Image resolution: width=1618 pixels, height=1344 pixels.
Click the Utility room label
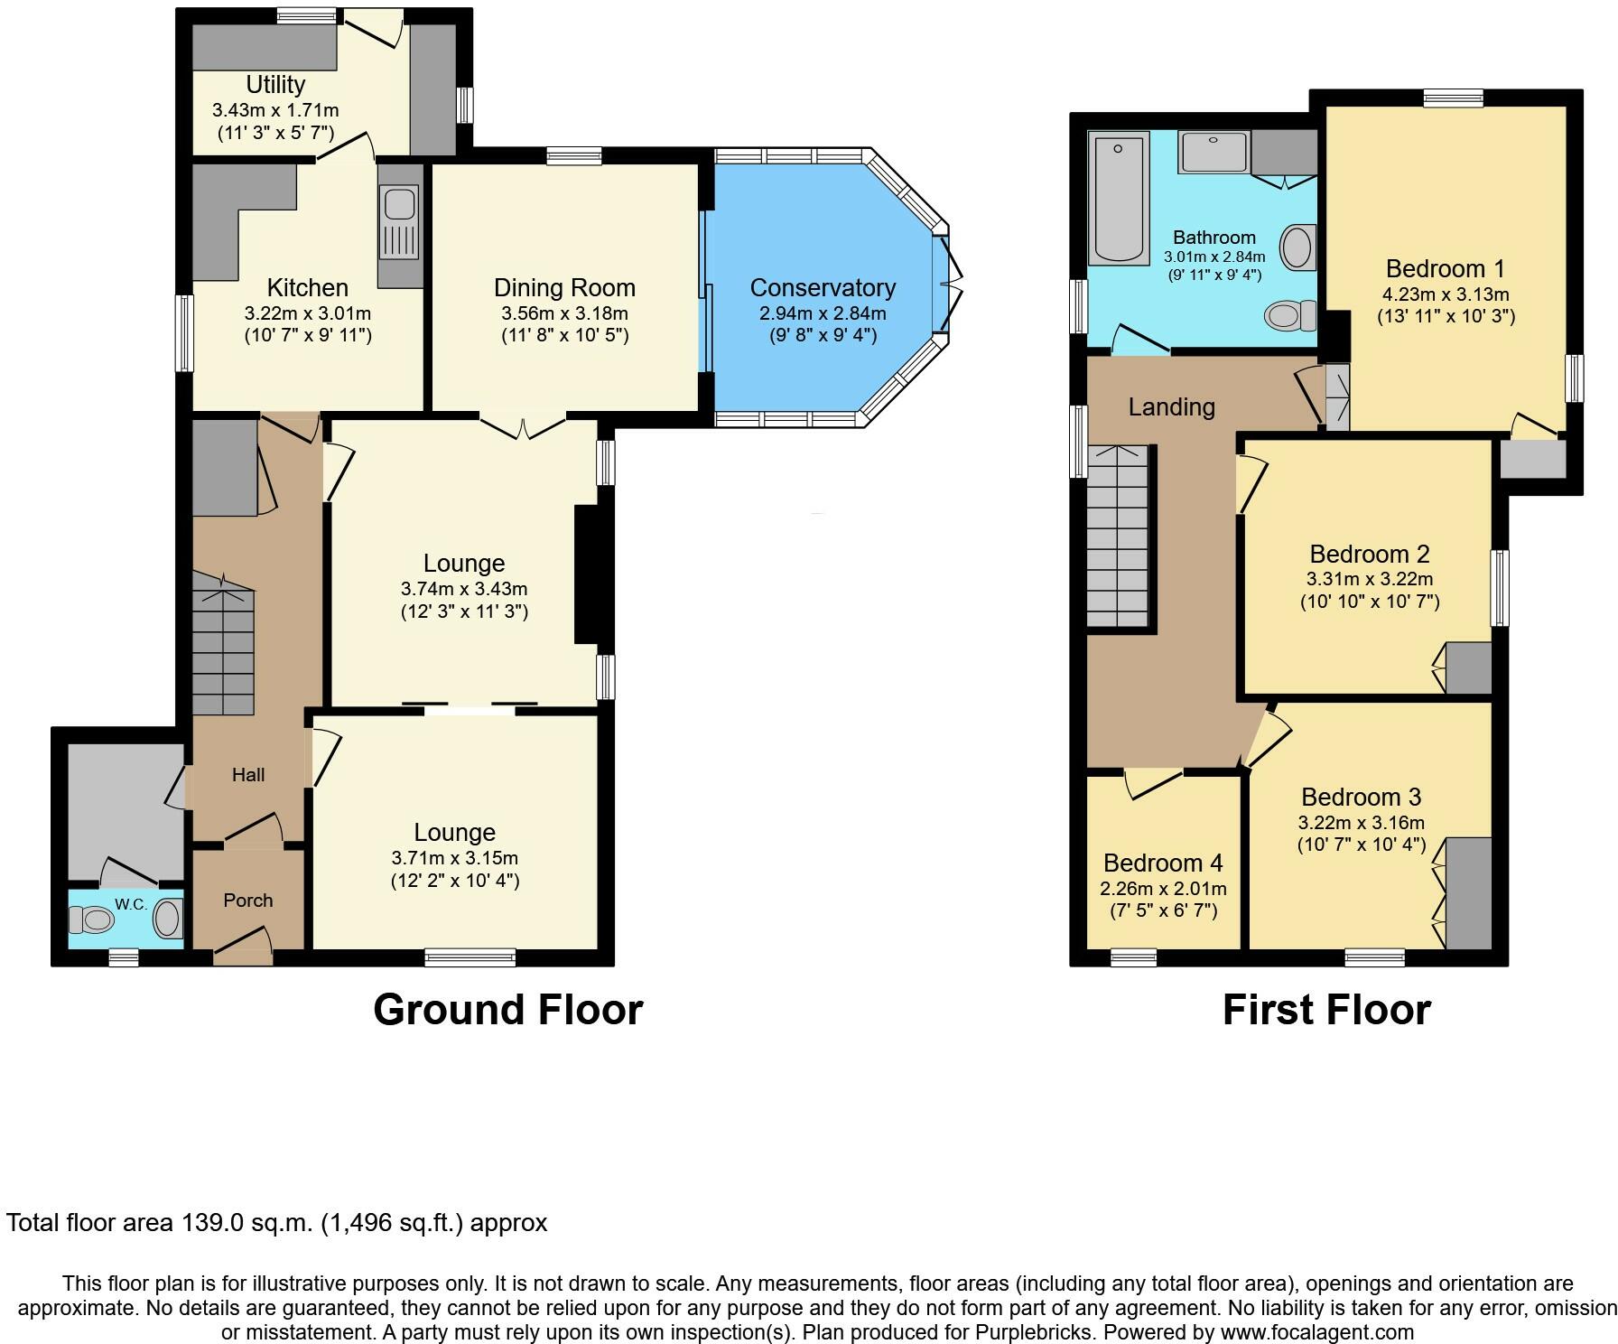[275, 85]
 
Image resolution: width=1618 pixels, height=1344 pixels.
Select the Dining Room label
[564, 288]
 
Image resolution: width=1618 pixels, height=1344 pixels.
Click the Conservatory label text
[823, 288]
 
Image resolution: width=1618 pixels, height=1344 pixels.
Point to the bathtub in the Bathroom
[1119, 197]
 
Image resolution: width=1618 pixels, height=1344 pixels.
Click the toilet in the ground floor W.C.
[91, 919]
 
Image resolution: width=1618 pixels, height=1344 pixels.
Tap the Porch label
[248, 901]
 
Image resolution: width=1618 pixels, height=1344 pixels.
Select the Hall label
[248, 775]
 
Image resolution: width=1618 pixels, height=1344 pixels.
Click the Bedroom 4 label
[1163, 863]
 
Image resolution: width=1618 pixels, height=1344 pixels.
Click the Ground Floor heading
[507, 1010]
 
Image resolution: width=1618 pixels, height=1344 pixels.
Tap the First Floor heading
[1326, 1010]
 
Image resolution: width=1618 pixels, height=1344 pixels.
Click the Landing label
[1171, 407]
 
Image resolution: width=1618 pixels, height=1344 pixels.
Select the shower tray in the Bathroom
[1213, 152]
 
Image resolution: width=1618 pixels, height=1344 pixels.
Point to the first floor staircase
[1121, 537]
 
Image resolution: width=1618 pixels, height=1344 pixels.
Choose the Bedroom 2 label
[1370, 554]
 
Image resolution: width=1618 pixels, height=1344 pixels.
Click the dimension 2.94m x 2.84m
[823, 314]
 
